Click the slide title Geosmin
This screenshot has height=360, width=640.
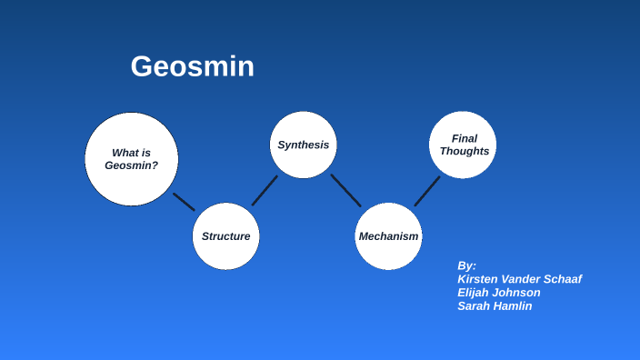pos(192,66)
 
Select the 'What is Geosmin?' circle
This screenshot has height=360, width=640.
pos(132,159)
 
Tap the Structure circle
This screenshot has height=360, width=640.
pos(225,236)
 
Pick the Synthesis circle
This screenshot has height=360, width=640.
pos(304,145)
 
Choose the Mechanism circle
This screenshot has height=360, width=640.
pos(388,236)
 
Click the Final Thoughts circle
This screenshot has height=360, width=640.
pos(463,145)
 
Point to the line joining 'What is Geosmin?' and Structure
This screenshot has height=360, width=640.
pos(184,202)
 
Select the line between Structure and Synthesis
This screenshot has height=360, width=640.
pos(265,190)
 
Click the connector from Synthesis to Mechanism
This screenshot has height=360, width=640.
pos(345,190)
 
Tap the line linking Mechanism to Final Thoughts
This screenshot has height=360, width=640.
pos(427,191)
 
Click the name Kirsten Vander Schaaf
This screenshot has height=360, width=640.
pos(519,279)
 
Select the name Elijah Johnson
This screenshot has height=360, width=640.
pos(499,293)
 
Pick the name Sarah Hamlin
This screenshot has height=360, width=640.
pos(495,306)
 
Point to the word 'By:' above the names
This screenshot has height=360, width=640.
pos(466,265)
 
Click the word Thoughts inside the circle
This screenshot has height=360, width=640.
pos(465,151)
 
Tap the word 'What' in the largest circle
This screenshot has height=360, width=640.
pos(125,153)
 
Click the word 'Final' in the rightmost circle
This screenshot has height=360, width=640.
pos(465,138)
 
